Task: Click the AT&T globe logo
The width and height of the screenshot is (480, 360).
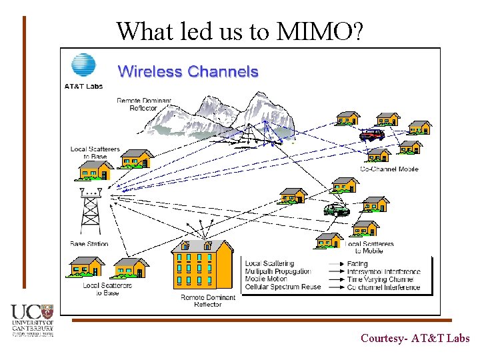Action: tap(83, 66)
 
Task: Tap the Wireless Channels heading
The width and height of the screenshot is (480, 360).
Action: tap(188, 72)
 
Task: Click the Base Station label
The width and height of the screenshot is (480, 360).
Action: tap(89, 244)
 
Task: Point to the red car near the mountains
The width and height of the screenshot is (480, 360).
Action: tap(371, 134)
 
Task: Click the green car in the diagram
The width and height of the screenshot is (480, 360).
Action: tap(336, 210)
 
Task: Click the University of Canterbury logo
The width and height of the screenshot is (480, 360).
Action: tap(32, 321)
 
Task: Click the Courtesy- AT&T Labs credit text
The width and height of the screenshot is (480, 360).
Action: tap(415, 338)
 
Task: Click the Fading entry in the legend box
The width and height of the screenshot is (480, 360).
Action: tap(357, 264)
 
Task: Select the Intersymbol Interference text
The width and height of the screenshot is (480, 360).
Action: tap(383, 272)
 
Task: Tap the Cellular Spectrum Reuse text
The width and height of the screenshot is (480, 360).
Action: tap(283, 287)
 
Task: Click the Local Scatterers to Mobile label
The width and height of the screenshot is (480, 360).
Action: tap(370, 247)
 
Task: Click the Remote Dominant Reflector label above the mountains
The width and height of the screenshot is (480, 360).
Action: tap(144, 105)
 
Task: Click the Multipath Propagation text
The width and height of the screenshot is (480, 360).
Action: tap(278, 272)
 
